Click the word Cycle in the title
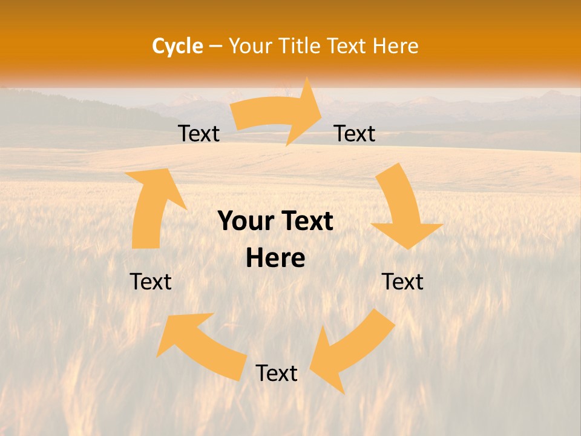coord(177,46)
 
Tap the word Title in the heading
coord(299,46)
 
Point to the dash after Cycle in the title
coord(215,47)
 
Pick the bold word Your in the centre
coord(245,222)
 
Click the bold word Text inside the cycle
coord(306,222)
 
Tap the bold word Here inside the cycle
coord(275,259)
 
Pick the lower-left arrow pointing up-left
coord(200,345)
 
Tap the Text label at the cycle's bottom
coord(277,374)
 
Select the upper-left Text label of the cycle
coord(199,134)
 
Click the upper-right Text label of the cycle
coord(355,134)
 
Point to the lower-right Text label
coord(402,282)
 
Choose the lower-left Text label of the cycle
coord(151,282)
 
